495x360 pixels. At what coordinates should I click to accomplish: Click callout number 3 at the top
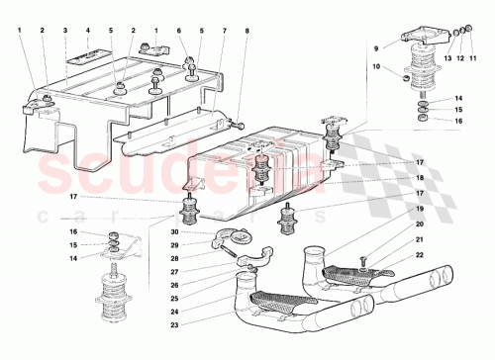(x=64, y=30)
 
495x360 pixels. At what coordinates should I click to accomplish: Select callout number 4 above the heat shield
(x=88, y=30)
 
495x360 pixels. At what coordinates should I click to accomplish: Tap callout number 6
(x=179, y=30)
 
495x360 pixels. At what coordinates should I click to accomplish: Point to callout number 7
(x=225, y=30)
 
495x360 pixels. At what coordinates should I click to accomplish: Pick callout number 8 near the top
(x=248, y=30)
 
